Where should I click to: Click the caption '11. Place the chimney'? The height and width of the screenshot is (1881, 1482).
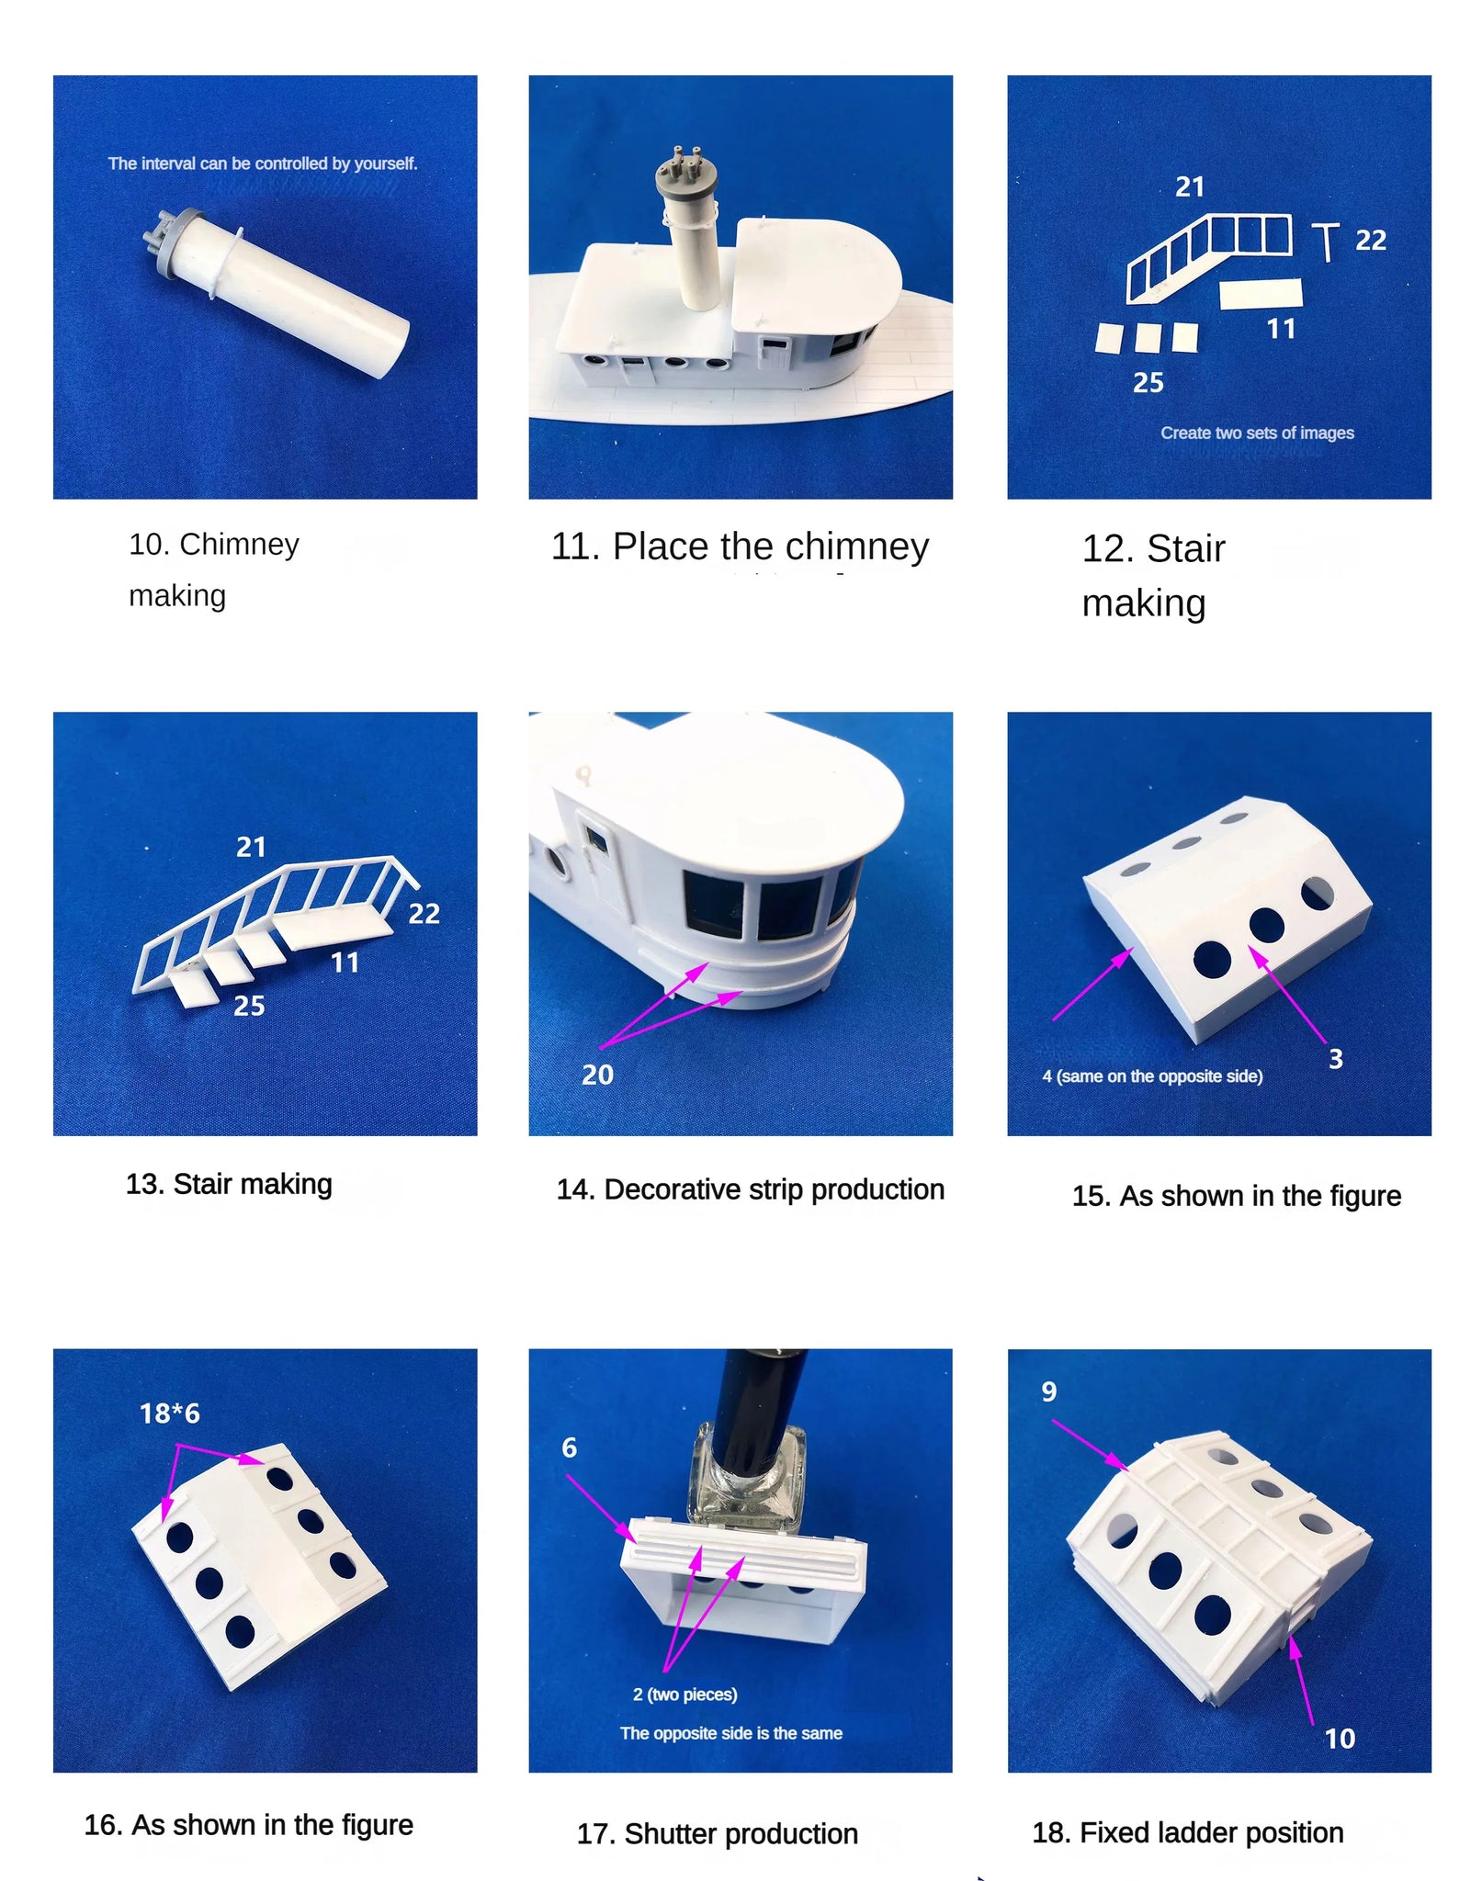(740, 546)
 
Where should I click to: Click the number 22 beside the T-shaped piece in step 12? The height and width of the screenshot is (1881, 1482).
(1370, 241)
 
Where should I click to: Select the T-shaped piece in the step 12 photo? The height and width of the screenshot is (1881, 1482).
(1325, 242)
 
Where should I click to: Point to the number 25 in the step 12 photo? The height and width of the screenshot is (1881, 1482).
(1148, 382)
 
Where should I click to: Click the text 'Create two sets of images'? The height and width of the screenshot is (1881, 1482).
(1257, 433)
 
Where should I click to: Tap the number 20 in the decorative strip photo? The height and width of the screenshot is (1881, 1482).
(597, 1075)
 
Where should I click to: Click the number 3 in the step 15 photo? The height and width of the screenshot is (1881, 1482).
(1336, 1059)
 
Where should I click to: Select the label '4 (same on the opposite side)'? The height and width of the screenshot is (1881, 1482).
(1152, 1076)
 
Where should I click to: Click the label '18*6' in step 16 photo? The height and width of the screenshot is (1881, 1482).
(170, 1413)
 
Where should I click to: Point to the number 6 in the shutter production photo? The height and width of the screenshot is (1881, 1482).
(570, 1447)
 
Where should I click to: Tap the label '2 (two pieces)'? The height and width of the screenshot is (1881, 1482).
(684, 1695)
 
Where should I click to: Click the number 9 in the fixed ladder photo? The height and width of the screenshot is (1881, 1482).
(1048, 1391)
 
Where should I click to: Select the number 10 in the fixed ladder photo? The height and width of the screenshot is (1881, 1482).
(1340, 1739)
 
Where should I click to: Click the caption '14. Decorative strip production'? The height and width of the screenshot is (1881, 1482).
(750, 1189)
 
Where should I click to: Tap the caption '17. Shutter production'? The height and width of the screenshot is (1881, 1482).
(717, 1834)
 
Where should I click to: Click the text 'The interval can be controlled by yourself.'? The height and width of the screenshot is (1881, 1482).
(263, 163)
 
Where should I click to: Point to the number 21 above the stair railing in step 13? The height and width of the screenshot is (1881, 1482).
(251, 847)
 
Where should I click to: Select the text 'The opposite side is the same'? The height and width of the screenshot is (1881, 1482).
(730, 1733)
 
